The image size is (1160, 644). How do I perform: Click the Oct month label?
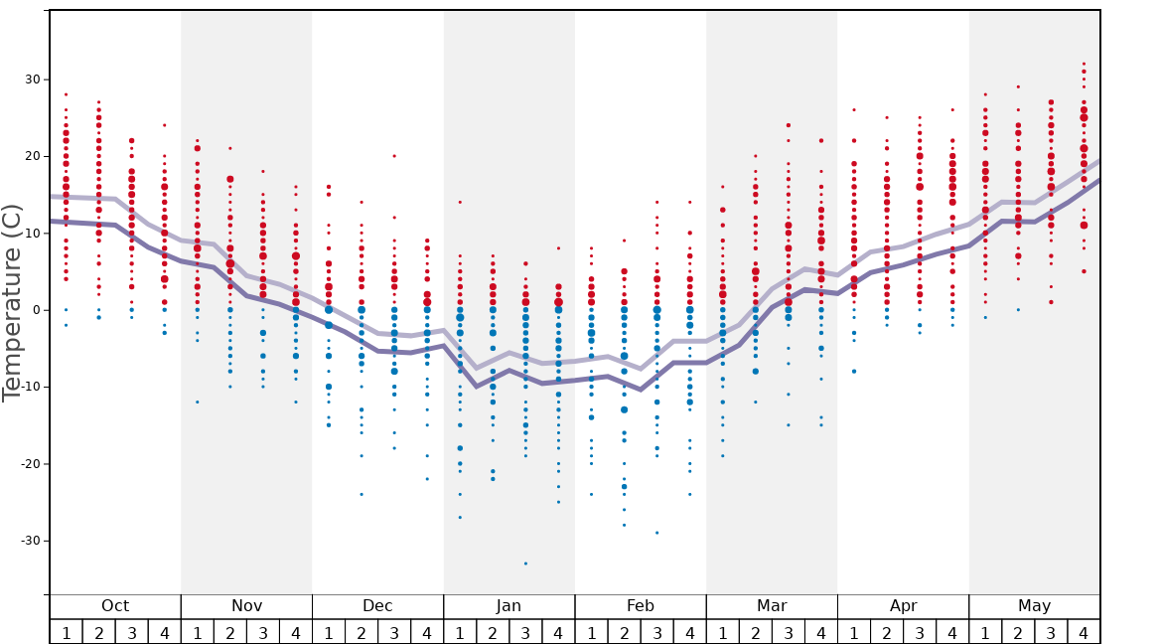(115, 606)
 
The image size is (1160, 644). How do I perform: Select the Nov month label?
(246, 606)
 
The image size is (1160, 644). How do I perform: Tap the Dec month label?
(377, 606)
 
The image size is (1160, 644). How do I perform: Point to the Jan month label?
(508, 606)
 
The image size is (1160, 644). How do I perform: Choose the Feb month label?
(641, 606)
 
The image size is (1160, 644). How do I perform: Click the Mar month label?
(772, 606)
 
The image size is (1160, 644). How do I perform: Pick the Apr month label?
(903, 606)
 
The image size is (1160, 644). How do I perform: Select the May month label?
(1034, 606)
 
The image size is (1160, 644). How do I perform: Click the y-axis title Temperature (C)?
(12, 302)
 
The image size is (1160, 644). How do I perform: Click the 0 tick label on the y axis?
(35, 310)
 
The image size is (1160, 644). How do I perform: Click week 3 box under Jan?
(525, 632)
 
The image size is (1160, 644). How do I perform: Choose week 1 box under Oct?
(66, 632)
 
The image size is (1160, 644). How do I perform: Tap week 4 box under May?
(1084, 632)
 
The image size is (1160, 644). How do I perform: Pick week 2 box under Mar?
(755, 632)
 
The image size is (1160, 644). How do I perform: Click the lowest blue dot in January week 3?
(525, 563)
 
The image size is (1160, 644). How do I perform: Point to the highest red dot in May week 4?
(1084, 64)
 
